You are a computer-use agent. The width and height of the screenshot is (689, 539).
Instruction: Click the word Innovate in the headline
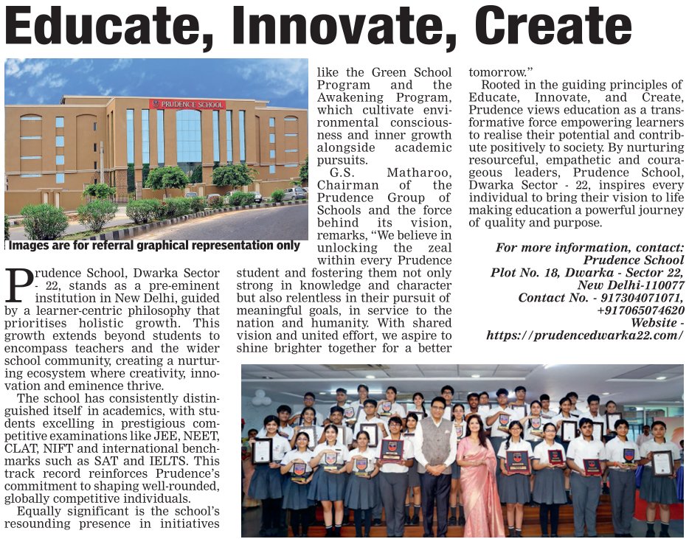click(356, 27)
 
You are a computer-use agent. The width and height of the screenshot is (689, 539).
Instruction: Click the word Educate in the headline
click(113, 27)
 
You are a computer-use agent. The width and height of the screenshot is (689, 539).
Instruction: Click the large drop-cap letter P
click(18, 286)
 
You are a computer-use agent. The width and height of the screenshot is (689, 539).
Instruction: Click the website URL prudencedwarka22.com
click(585, 335)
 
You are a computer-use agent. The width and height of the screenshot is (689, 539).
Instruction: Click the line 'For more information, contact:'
click(590, 248)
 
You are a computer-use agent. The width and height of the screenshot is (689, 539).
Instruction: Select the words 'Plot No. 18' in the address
click(524, 273)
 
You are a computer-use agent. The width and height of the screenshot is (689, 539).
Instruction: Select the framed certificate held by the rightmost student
click(662, 462)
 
